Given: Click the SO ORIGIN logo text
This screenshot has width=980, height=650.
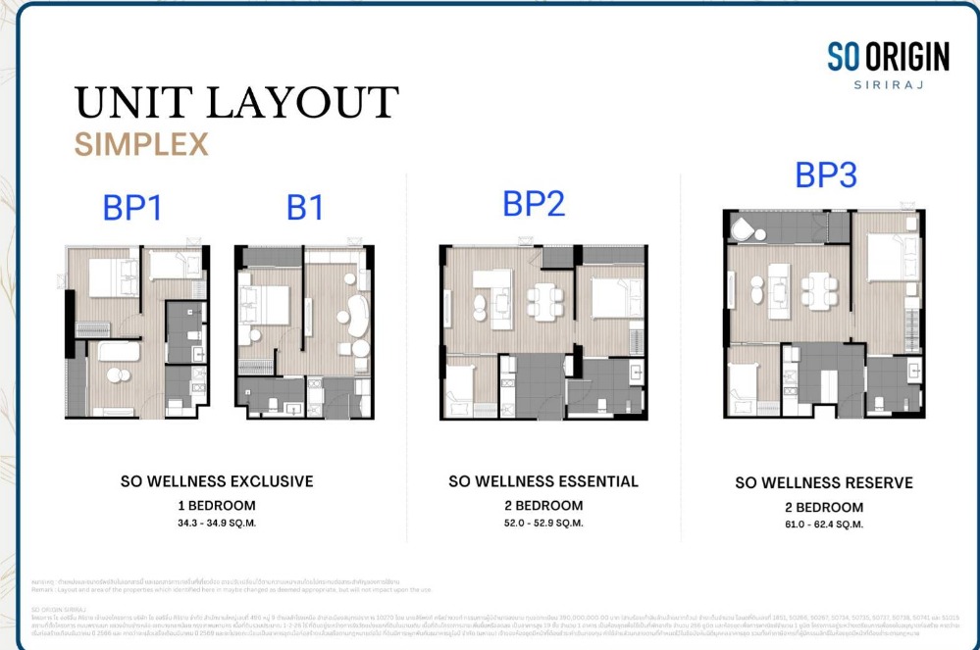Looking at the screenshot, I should click(x=888, y=58).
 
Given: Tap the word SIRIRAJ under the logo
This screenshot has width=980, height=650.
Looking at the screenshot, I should click(x=889, y=85).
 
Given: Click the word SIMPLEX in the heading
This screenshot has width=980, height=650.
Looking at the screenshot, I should click(x=141, y=145).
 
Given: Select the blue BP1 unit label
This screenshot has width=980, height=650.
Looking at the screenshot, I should click(x=132, y=209).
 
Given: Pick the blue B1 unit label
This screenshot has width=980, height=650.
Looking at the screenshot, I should click(x=305, y=209).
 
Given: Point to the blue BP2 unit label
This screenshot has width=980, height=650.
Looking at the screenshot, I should click(x=535, y=204).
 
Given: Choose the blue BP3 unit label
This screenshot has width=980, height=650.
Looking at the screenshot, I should click(x=826, y=175).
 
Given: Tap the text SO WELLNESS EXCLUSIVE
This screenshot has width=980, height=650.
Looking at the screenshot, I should click(x=217, y=481).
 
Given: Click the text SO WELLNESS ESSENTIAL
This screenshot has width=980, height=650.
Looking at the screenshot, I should click(x=543, y=481).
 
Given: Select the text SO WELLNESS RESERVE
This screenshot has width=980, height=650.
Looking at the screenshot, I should click(x=824, y=483).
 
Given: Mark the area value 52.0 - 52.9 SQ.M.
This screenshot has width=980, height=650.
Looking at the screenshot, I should click(x=543, y=523).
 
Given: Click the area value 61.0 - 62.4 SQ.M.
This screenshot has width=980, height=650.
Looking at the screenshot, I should click(x=824, y=525).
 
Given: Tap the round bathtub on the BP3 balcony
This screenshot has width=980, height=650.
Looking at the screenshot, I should click(x=747, y=229).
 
